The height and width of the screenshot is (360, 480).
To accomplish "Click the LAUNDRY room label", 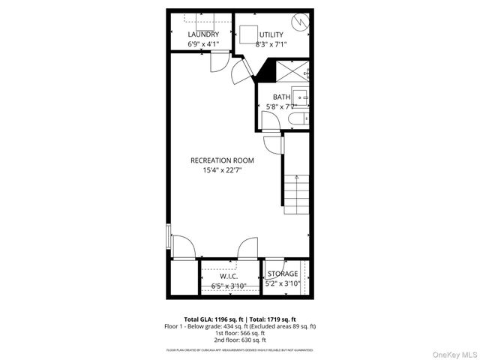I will pos(203,34).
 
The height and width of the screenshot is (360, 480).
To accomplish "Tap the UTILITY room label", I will pos(271,34).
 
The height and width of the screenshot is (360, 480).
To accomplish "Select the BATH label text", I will pos(281,97).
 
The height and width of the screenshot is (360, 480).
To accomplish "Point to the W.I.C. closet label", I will pos(229,275).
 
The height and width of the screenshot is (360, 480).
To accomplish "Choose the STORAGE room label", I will pos(283,274).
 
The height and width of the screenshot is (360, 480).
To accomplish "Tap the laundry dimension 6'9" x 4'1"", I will pos(203,44).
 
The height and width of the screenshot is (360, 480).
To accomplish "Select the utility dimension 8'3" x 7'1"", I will pos(271,45).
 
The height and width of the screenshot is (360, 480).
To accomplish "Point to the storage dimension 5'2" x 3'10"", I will pos(283,283).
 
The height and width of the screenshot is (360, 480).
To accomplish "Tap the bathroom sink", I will pos(300,95).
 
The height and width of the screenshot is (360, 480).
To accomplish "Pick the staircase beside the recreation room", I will pos(297,191).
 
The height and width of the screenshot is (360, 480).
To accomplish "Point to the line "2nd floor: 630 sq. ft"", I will pos(240,338).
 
